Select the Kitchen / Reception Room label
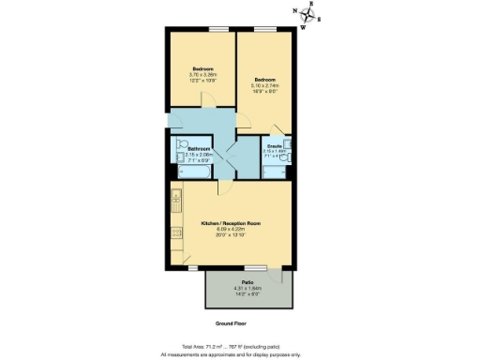231,223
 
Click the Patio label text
248,281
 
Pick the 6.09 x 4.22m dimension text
231,230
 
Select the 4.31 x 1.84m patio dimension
248,288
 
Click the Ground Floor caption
231,322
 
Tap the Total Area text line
231,346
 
